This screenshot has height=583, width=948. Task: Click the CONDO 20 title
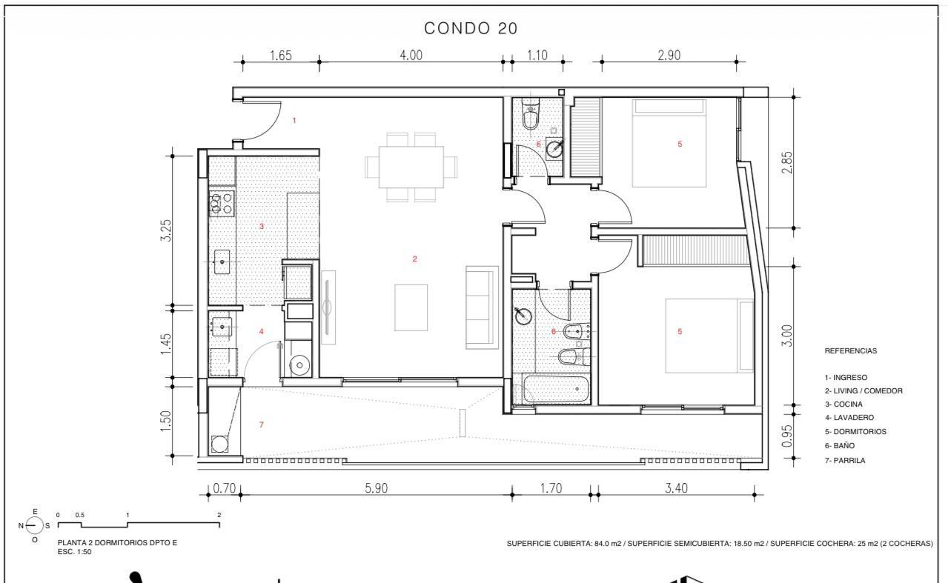click(471, 28)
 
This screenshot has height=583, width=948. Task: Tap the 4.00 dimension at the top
click(411, 55)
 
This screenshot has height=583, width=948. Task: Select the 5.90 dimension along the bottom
click(377, 487)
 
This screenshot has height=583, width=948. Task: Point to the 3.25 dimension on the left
click(166, 230)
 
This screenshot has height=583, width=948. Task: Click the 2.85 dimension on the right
click(787, 162)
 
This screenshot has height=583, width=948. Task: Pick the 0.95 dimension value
click(787, 436)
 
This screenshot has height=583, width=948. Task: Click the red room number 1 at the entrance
click(294, 121)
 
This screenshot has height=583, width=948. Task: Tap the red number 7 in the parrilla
click(261, 424)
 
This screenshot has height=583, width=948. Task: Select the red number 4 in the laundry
click(261, 331)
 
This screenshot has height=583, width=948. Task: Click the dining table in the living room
click(411, 167)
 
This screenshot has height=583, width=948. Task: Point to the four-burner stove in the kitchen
click(222, 204)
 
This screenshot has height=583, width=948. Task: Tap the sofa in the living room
click(482, 307)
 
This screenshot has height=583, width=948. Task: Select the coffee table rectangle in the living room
click(411, 307)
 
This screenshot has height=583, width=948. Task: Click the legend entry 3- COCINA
click(843, 404)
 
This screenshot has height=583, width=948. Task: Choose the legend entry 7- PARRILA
click(845, 460)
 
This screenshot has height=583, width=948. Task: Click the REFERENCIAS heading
click(851, 350)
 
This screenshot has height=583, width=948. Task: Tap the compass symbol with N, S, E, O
click(34, 526)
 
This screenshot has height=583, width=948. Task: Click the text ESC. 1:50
click(74, 552)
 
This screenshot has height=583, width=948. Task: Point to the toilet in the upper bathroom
click(530, 114)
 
